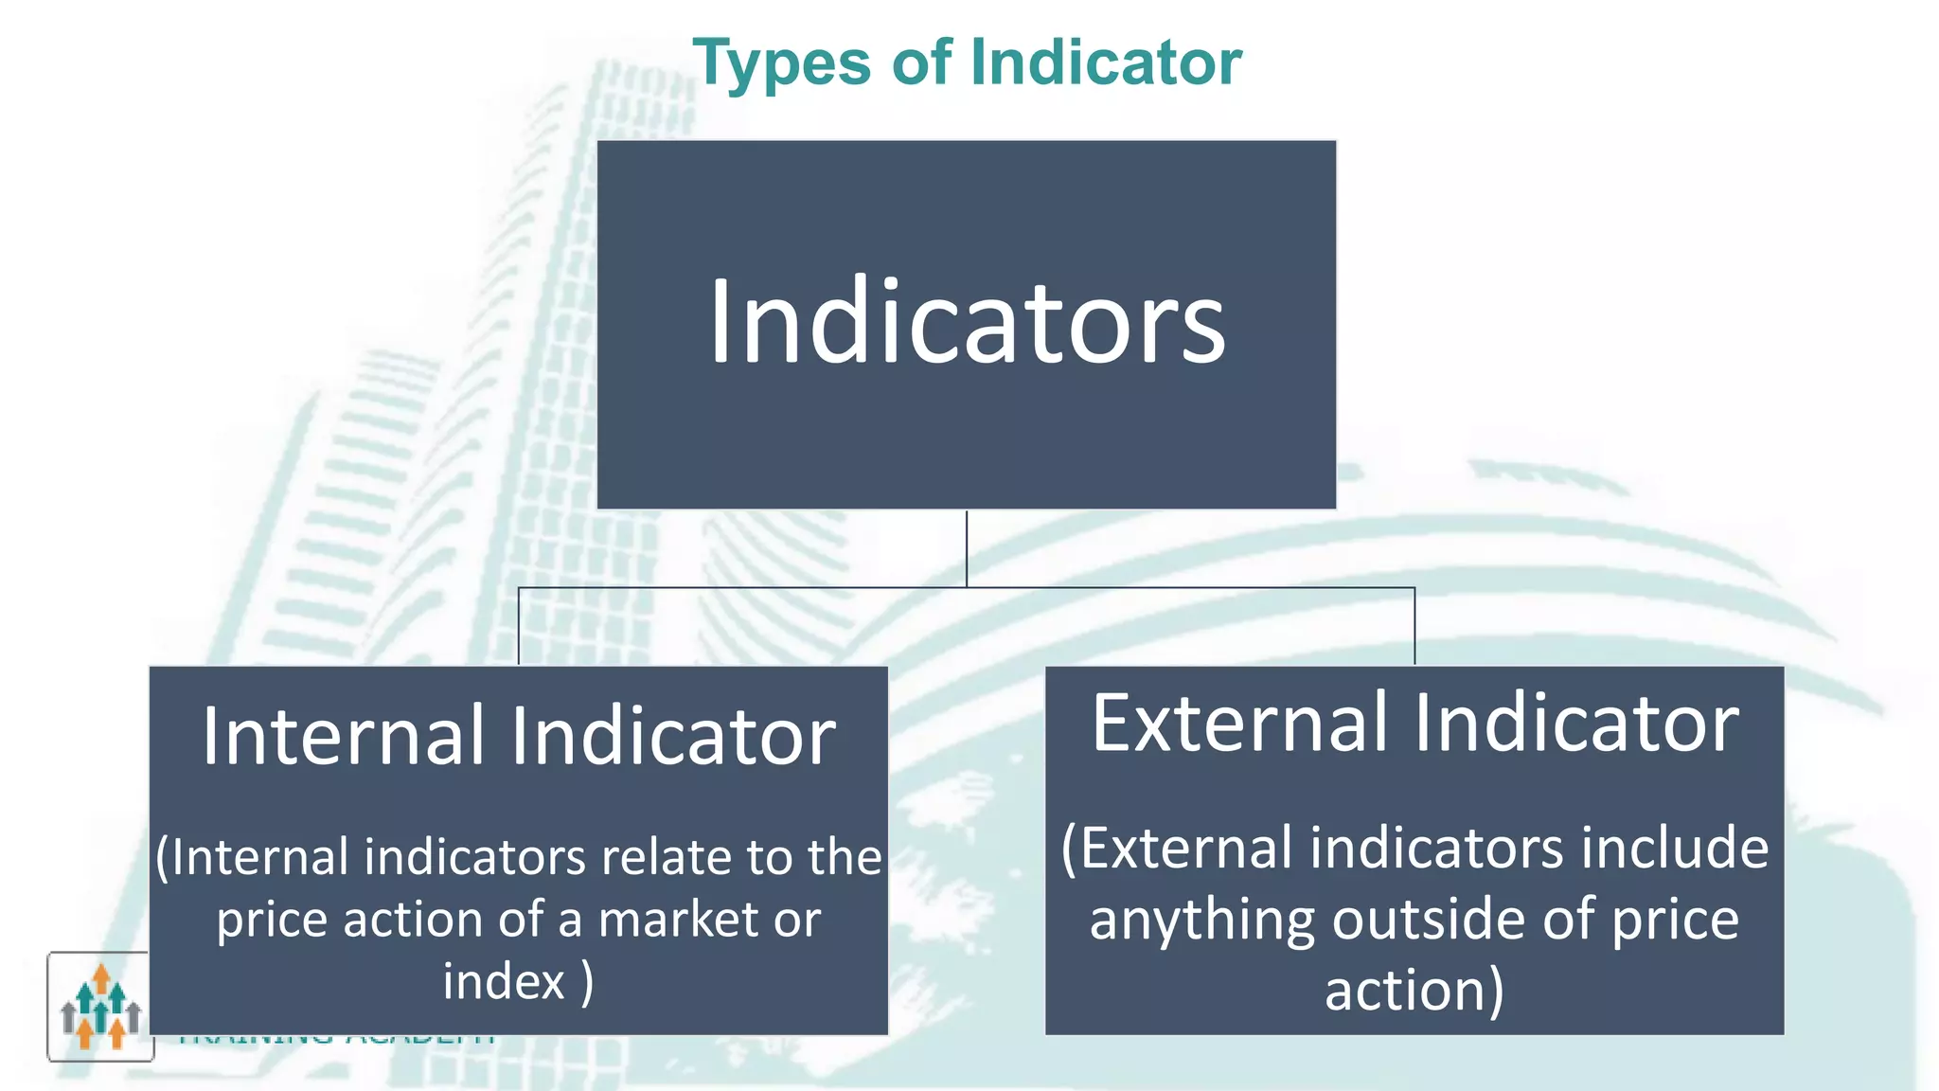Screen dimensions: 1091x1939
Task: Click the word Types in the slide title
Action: (x=781, y=63)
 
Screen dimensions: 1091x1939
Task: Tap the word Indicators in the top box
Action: (x=967, y=321)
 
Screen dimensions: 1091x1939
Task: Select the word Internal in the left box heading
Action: (x=343, y=736)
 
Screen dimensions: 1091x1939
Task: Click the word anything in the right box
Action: (x=1203, y=921)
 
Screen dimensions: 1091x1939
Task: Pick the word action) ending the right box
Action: (x=1414, y=991)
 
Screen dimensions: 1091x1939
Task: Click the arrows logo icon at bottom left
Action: (x=99, y=1008)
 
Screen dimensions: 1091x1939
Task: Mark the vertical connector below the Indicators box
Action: (x=967, y=549)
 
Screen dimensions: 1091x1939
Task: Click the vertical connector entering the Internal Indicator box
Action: (x=519, y=627)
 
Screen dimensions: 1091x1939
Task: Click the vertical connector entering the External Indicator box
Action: (x=1414, y=627)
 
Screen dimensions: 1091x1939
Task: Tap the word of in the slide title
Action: (x=920, y=63)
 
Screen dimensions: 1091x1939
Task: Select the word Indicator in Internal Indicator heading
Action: (x=673, y=736)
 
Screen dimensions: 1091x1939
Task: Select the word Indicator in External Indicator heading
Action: (x=1576, y=724)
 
